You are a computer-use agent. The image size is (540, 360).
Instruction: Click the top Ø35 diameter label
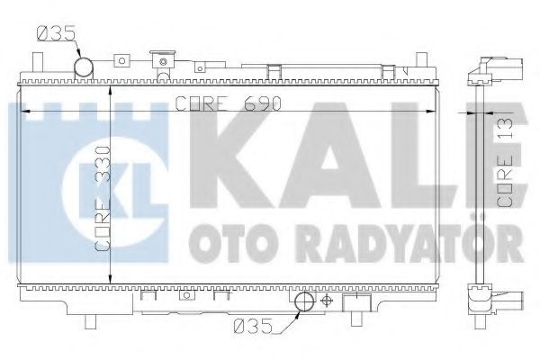click(x=56, y=37)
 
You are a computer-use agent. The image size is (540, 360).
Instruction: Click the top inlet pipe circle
click(x=84, y=67)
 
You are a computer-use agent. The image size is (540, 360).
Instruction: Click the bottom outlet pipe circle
click(x=304, y=302)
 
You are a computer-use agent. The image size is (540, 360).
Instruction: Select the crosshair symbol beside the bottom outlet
click(x=326, y=302)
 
